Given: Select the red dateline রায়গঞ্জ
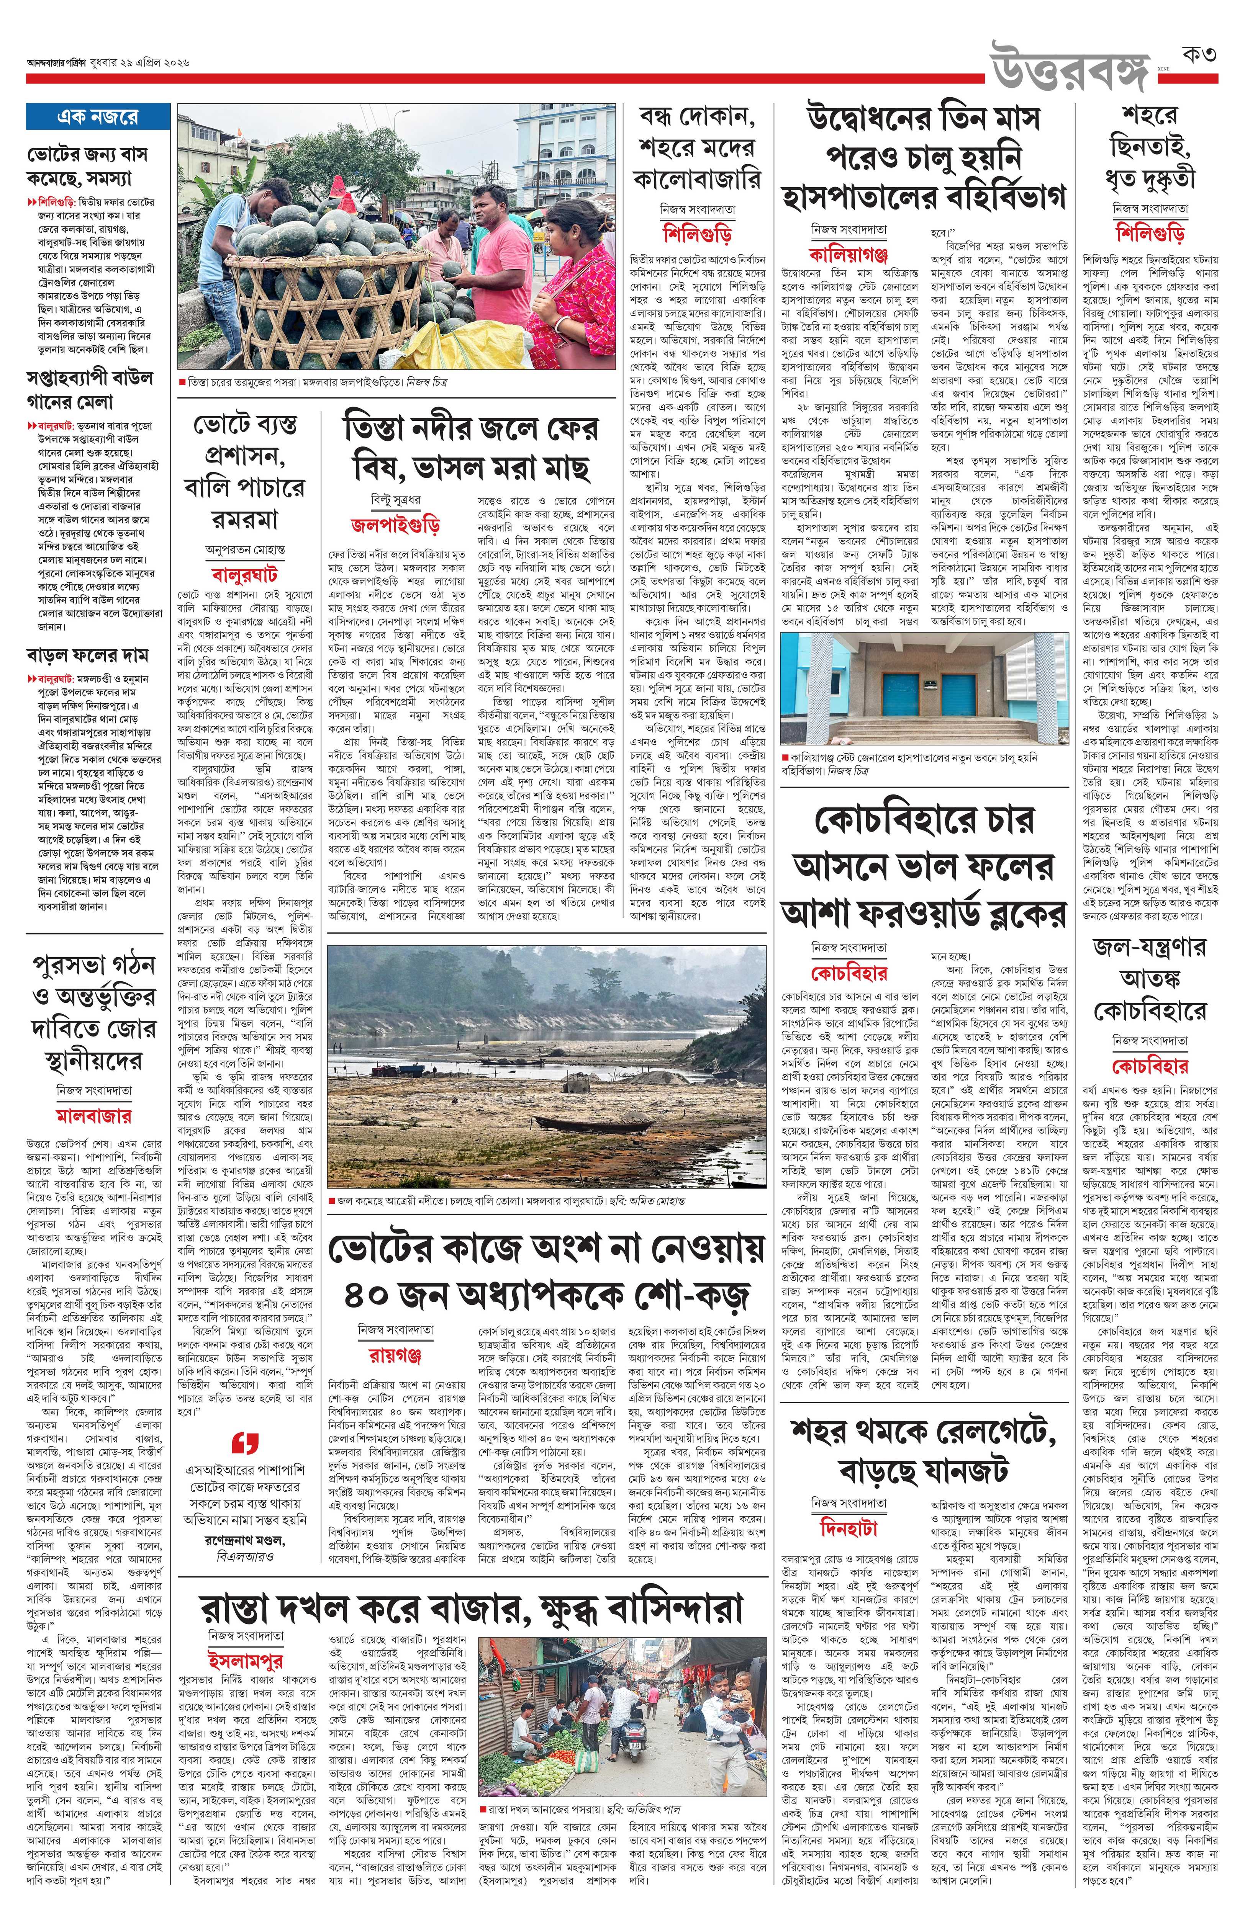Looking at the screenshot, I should [x=390, y=1354].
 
